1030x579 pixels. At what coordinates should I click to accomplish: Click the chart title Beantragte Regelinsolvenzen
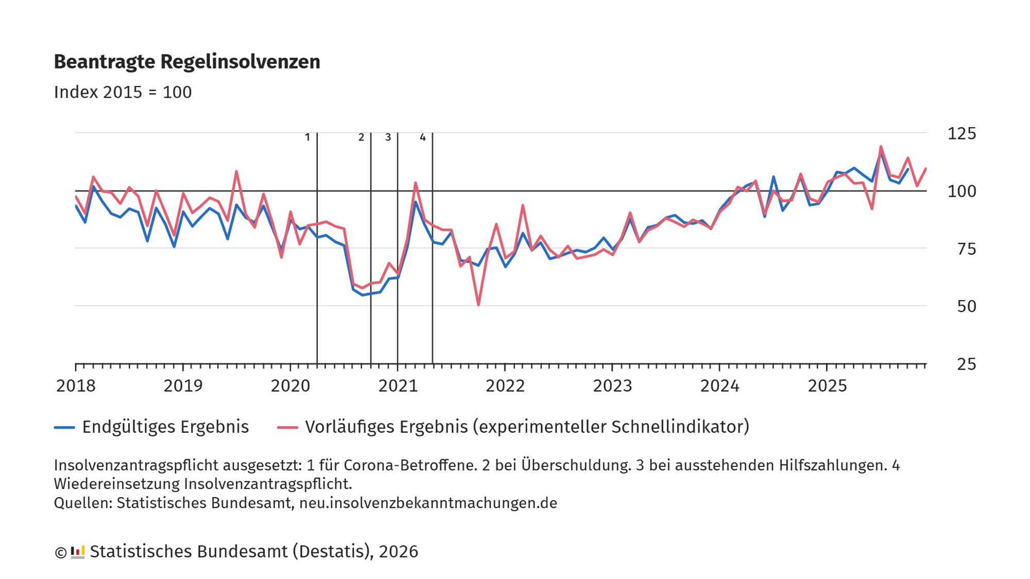click(x=187, y=62)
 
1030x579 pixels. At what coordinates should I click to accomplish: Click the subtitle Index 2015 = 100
click(x=123, y=92)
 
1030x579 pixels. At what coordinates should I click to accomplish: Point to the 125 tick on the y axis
click(x=962, y=133)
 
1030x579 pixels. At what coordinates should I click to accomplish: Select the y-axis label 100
click(x=962, y=191)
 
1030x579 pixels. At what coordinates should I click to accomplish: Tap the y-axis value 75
click(x=966, y=249)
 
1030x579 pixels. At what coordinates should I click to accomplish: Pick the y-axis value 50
click(x=966, y=307)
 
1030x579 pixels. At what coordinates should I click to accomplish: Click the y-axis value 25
click(x=966, y=364)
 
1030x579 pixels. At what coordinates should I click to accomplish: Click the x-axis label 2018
click(x=76, y=385)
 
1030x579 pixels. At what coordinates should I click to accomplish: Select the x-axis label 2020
click(x=290, y=385)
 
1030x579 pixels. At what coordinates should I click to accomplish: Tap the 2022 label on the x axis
click(x=505, y=385)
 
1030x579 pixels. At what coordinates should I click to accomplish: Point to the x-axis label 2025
click(x=827, y=385)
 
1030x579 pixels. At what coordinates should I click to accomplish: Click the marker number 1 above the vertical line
click(x=307, y=137)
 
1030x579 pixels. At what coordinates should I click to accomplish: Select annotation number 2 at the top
click(x=361, y=137)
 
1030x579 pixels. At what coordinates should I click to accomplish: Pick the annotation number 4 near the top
click(x=423, y=137)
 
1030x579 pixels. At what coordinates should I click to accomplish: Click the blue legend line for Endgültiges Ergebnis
click(x=64, y=427)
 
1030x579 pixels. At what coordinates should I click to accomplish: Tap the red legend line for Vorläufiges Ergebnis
click(x=287, y=427)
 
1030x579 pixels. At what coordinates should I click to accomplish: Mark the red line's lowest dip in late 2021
click(x=478, y=305)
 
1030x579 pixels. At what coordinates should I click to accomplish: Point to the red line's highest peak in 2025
click(x=881, y=147)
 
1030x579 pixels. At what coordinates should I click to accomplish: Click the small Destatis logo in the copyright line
click(x=77, y=552)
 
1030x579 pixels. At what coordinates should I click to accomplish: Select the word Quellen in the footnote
click(x=82, y=503)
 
